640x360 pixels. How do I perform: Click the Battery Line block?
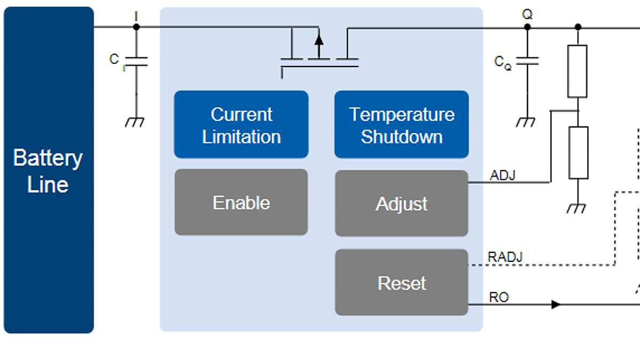49,171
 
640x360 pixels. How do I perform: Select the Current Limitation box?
241,125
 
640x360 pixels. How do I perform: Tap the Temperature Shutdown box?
401,125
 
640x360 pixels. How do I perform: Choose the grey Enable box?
241,202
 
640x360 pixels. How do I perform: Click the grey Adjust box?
401,203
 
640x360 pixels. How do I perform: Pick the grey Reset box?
401,282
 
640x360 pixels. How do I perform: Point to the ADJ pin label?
502,175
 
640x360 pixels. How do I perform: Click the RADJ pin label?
505,257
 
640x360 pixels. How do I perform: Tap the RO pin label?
499,297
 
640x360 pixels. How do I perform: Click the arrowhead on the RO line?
556,305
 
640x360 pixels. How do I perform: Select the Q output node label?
527,14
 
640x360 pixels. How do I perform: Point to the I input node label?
136,17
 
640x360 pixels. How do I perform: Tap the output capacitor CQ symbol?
527,61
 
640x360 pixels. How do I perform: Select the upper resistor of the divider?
578,71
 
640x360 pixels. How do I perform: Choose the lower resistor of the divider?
578,153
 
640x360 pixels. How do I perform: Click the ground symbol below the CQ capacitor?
526,122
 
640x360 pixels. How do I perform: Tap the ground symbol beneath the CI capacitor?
134,122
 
